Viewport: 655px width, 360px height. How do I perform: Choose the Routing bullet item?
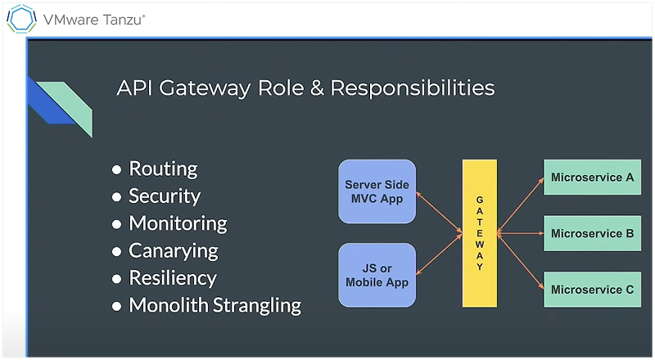coord(163,169)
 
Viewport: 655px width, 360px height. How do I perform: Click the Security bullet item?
coord(164,196)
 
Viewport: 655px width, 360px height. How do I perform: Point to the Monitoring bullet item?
coord(178,223)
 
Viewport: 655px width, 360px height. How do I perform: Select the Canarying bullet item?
coord(174,250)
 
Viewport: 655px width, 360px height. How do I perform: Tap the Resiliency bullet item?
coord(173,277)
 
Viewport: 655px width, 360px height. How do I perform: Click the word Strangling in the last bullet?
coord(257,306)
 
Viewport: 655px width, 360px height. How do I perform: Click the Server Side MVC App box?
coord(377,191)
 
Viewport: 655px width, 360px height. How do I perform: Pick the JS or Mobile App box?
coord(377,274)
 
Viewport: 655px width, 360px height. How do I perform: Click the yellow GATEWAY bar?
coord(480,233)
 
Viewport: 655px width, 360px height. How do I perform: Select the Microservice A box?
coord(592,178)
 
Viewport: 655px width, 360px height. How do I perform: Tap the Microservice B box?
coord(592,233)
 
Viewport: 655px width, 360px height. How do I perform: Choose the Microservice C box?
coord(592,289)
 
